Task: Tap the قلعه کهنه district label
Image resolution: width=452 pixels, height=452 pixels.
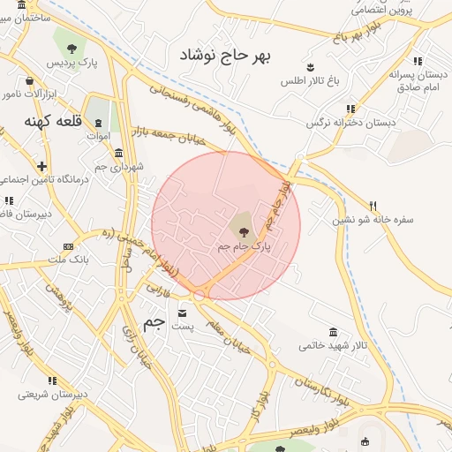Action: [52, 121]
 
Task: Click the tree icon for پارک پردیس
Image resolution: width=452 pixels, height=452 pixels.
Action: [71, 48]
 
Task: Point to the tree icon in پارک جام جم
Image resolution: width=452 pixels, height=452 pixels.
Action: [245, 231]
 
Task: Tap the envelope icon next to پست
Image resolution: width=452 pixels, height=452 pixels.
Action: [183, 313]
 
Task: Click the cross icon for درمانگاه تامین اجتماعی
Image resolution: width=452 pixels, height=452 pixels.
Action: [41, 165]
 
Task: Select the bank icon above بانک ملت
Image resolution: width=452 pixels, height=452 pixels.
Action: [68, 246]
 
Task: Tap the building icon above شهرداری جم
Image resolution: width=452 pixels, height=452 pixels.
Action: [118, 153]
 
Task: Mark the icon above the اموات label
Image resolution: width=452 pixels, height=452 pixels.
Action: [97, 123]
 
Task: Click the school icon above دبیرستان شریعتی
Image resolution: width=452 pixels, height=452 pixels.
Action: [52, 380]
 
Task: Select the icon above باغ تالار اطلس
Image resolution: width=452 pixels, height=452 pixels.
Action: [310, 67]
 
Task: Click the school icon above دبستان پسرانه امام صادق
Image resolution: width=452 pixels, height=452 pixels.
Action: [417, 62]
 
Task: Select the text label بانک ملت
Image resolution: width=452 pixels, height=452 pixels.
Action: [68, 260]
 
